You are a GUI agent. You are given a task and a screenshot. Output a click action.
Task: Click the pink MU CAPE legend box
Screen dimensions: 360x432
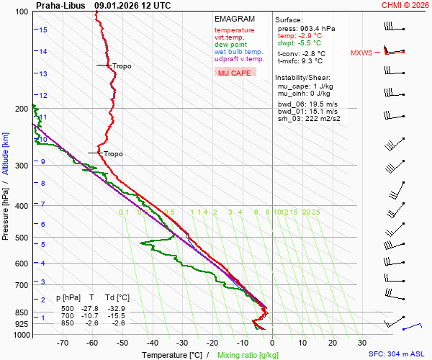point(235,73)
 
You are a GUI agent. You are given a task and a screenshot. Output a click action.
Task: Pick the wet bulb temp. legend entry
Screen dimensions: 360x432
point(238,52)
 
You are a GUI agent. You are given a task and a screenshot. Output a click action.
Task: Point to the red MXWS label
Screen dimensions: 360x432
point(361,53)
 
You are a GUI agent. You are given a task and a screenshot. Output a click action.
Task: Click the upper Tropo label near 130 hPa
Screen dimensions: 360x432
point(122,66)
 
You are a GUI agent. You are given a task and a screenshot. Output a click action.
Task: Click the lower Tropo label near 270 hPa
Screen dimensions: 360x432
point(114,154)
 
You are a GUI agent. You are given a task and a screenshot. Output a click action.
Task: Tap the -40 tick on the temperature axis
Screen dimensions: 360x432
point(153,343)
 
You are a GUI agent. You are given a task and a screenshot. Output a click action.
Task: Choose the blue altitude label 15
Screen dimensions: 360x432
point(44,30)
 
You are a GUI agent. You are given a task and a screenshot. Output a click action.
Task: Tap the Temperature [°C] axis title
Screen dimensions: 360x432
point(172,355)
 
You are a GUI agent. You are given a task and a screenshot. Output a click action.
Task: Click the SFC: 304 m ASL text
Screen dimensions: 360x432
point(398,354)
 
